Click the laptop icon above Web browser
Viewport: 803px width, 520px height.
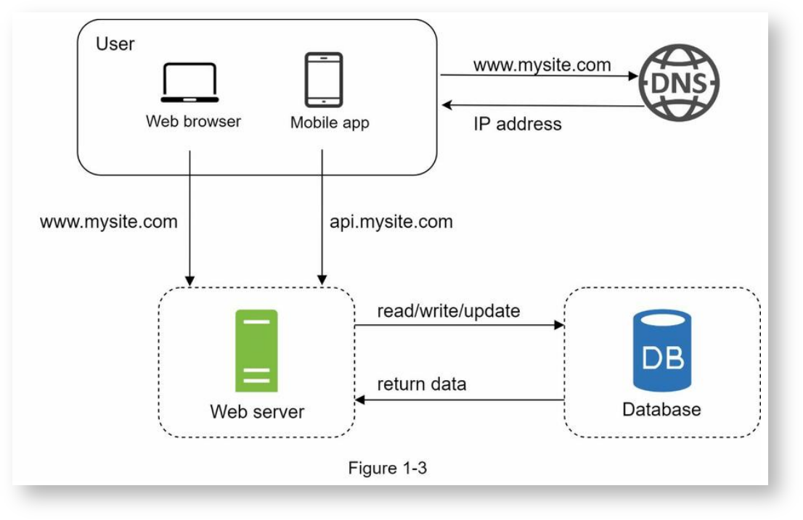pyautogui.click(x=189, y=83)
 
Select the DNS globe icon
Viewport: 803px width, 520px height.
pyautogui.click(x=679, y=82)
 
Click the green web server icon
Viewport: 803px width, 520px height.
pyautogui.click(x=256, y=350)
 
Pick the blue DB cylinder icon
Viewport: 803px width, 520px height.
pyautogui.click(x=661, y=350)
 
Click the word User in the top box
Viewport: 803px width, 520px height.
pyautogui.click(x=115, y=44)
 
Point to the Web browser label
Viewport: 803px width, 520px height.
pyautogui.click(x=193, y=121)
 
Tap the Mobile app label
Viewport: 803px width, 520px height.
pyautogui.click(x=330, y=123)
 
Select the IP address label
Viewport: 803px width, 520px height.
pyautogui.click(x=518, y=124)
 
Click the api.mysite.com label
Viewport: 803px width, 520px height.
pyautogui.click(x=391, y=221)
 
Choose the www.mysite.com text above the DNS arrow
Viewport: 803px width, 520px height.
pyautogui.click(x=542, y=65)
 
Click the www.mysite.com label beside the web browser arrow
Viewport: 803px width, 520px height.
pyautogui.click(x=108, y=221)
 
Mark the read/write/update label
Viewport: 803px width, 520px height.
pyautogui.click(x=449, y=311)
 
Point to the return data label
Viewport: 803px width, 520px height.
pyautogui.click(x=422, y=384)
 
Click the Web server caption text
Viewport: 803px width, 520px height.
pyautogui.click(x=257, y=412)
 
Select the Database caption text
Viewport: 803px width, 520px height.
pyautogui.click(x=661, y=410)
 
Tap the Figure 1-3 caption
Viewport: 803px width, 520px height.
pyautogui.click(x=387, y=468)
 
